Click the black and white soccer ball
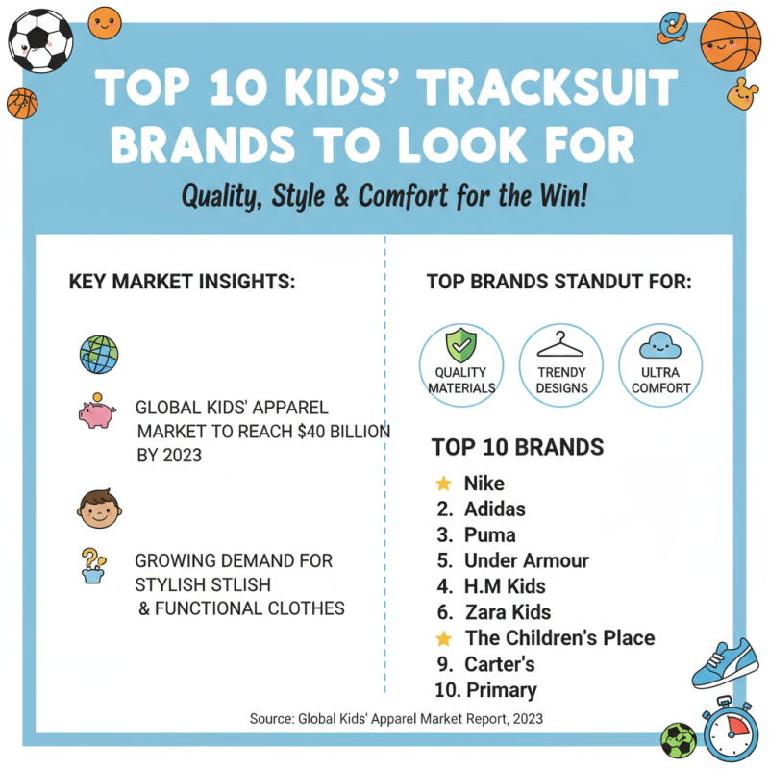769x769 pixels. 39,39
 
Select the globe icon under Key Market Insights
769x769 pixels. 98,353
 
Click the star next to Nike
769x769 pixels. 443,484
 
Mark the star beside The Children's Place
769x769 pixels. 443,638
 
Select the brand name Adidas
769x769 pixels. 494,509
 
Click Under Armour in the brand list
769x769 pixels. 526,561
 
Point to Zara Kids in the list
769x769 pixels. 509,612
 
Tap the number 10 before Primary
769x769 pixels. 446,690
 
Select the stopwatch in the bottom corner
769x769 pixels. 732,732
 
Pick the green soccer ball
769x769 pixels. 678,741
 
